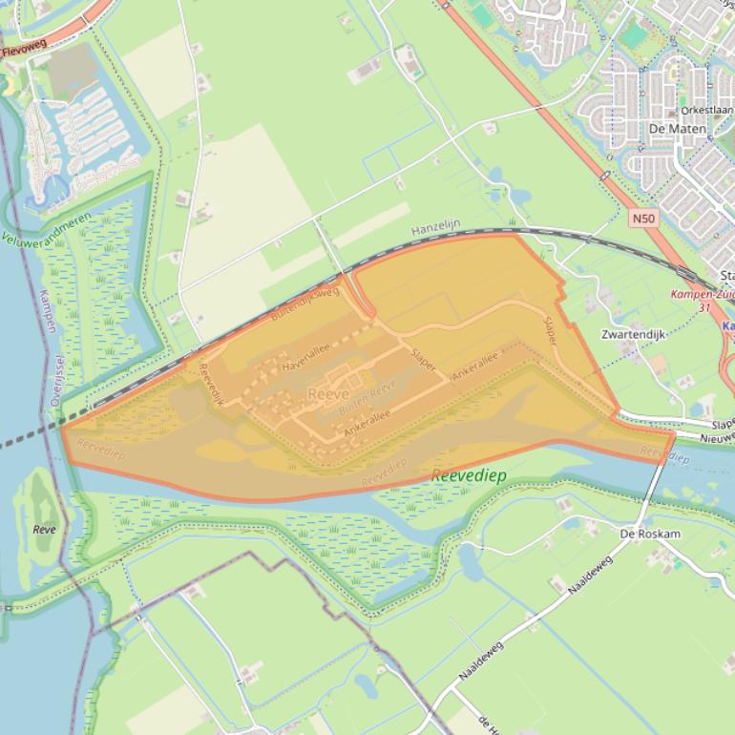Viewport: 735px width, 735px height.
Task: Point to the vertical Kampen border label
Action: pyautogui.click(x=48, y=310)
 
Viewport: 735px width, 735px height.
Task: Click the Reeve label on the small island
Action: pyautogui.click(x=44, y=529)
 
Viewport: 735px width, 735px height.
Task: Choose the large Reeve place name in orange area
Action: pyautogui.click(x=327, y=393)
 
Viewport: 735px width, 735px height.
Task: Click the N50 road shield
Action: pyautogui.click(x=643, y=219)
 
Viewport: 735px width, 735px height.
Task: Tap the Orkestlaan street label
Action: pyautogui.click(x=705, y=111)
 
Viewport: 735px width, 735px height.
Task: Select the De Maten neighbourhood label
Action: pyautogui.click(x=677, y=129)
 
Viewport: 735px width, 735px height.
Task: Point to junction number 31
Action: pyautogui.click(x=705, y=307)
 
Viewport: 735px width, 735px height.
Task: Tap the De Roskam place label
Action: pyautogui.click(x=650, y=534)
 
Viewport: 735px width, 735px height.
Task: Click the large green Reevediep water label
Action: pyautogui.click(x=469, y=475)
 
